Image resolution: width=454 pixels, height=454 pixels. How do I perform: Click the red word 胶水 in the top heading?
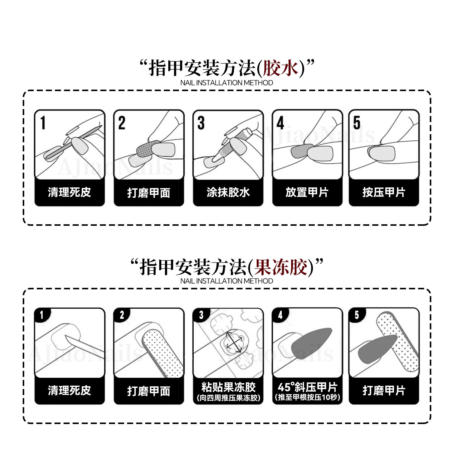(281, 68)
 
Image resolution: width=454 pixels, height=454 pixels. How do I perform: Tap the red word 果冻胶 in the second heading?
(280, 267)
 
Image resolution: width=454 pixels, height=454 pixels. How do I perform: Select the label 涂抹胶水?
(228, 192)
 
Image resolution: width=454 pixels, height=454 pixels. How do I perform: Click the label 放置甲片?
(307, 192)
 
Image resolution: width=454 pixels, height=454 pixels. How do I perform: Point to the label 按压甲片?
(384, 192)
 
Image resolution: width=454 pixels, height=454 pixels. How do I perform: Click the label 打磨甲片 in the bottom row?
(384, 390)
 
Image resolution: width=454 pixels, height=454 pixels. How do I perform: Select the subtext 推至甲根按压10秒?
(308, 397)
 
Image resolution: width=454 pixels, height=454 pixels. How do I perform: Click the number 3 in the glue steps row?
(201, 123)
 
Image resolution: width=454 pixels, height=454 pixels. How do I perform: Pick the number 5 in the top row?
(357, 123)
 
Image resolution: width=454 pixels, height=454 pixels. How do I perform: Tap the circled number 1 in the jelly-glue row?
(42, 315)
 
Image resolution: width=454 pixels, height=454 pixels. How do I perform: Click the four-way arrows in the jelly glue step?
(234, 342)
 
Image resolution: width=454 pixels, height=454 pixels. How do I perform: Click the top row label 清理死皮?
(69, 192)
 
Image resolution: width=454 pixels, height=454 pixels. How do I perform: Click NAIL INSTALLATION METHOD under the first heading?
(226, 83)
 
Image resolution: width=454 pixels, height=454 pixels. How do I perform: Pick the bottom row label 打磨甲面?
(149, 391)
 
